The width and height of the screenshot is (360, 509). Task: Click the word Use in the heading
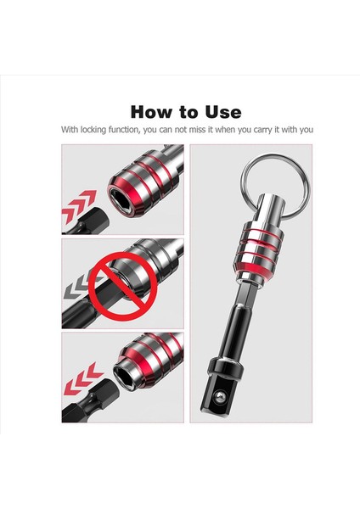point(223,113)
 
